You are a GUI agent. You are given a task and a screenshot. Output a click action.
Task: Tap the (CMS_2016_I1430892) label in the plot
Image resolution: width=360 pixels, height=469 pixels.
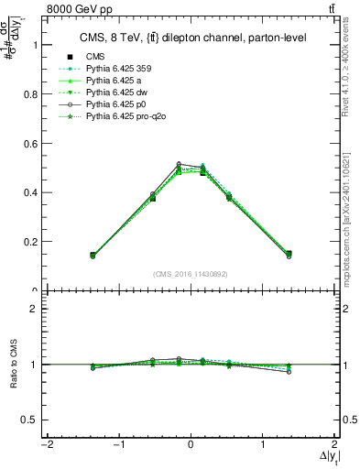coord(191,274)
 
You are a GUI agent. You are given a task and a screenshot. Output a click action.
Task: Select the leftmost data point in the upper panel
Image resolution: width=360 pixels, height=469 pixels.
coord(93,255)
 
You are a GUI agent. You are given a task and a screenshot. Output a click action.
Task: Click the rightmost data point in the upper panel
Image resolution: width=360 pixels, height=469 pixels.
coord(289,254)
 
